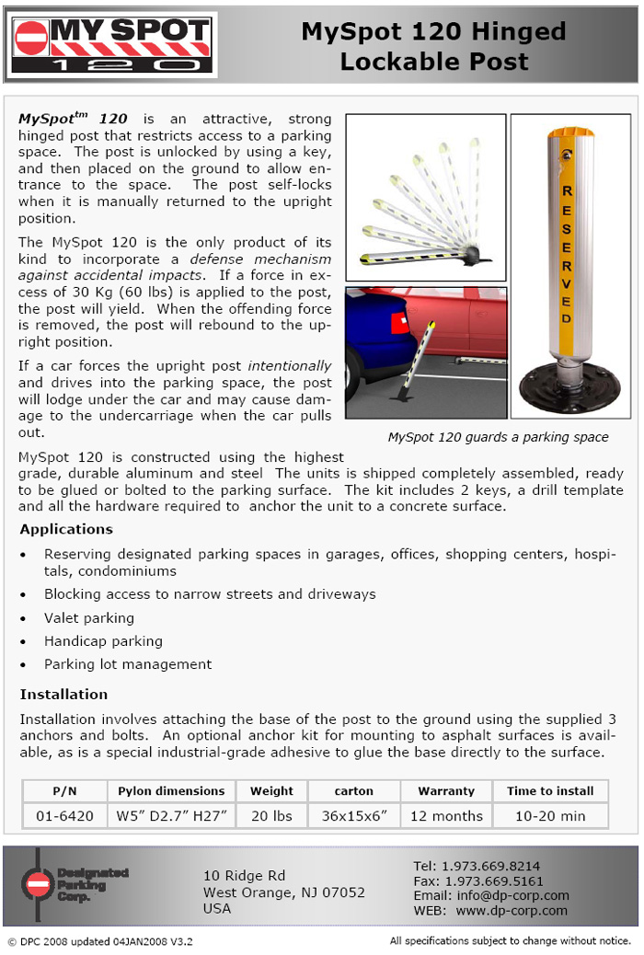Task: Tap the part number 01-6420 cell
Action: click(65, 816)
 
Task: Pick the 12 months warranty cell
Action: click(446, 816)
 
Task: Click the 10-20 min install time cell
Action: click(550, 816)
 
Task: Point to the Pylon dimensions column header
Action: click(171, 791)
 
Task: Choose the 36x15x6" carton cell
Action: click(354, 816)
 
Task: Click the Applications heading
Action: click(66, 530)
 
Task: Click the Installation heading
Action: click(63, 695)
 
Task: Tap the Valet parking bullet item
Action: click(89, 618)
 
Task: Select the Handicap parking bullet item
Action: click(103, 641)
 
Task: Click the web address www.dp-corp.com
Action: click(512, 910)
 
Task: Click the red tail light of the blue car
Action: click(398, 324)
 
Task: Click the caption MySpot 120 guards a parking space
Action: click(498, 438)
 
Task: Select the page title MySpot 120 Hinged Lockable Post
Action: click(433, 47)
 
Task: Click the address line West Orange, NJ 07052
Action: click(284, 892)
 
